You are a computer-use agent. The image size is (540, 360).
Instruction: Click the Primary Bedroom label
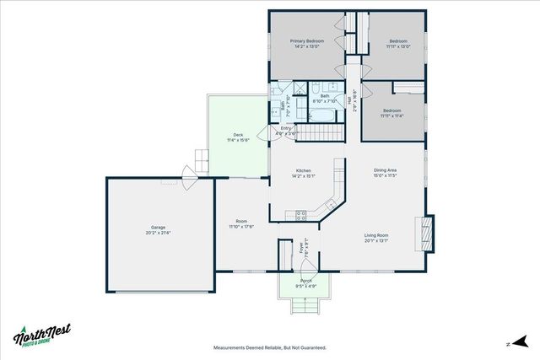tap(307, 44)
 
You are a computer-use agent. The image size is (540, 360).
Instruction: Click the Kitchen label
tap(303, 173)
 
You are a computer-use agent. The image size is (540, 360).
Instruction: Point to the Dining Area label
tap(386, 173)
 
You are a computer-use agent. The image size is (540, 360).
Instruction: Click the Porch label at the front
tap(306, 282)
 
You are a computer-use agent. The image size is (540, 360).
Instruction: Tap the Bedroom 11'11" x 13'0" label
tap(398, 44)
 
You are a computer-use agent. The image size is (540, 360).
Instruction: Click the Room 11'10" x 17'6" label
tap(241, 224)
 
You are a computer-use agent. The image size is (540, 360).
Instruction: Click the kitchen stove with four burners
tap(301, 215)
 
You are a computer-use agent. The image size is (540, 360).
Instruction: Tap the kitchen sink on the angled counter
tap(329, 203)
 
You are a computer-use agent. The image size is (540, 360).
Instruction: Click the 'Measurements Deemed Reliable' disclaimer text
tap(270, 347)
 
